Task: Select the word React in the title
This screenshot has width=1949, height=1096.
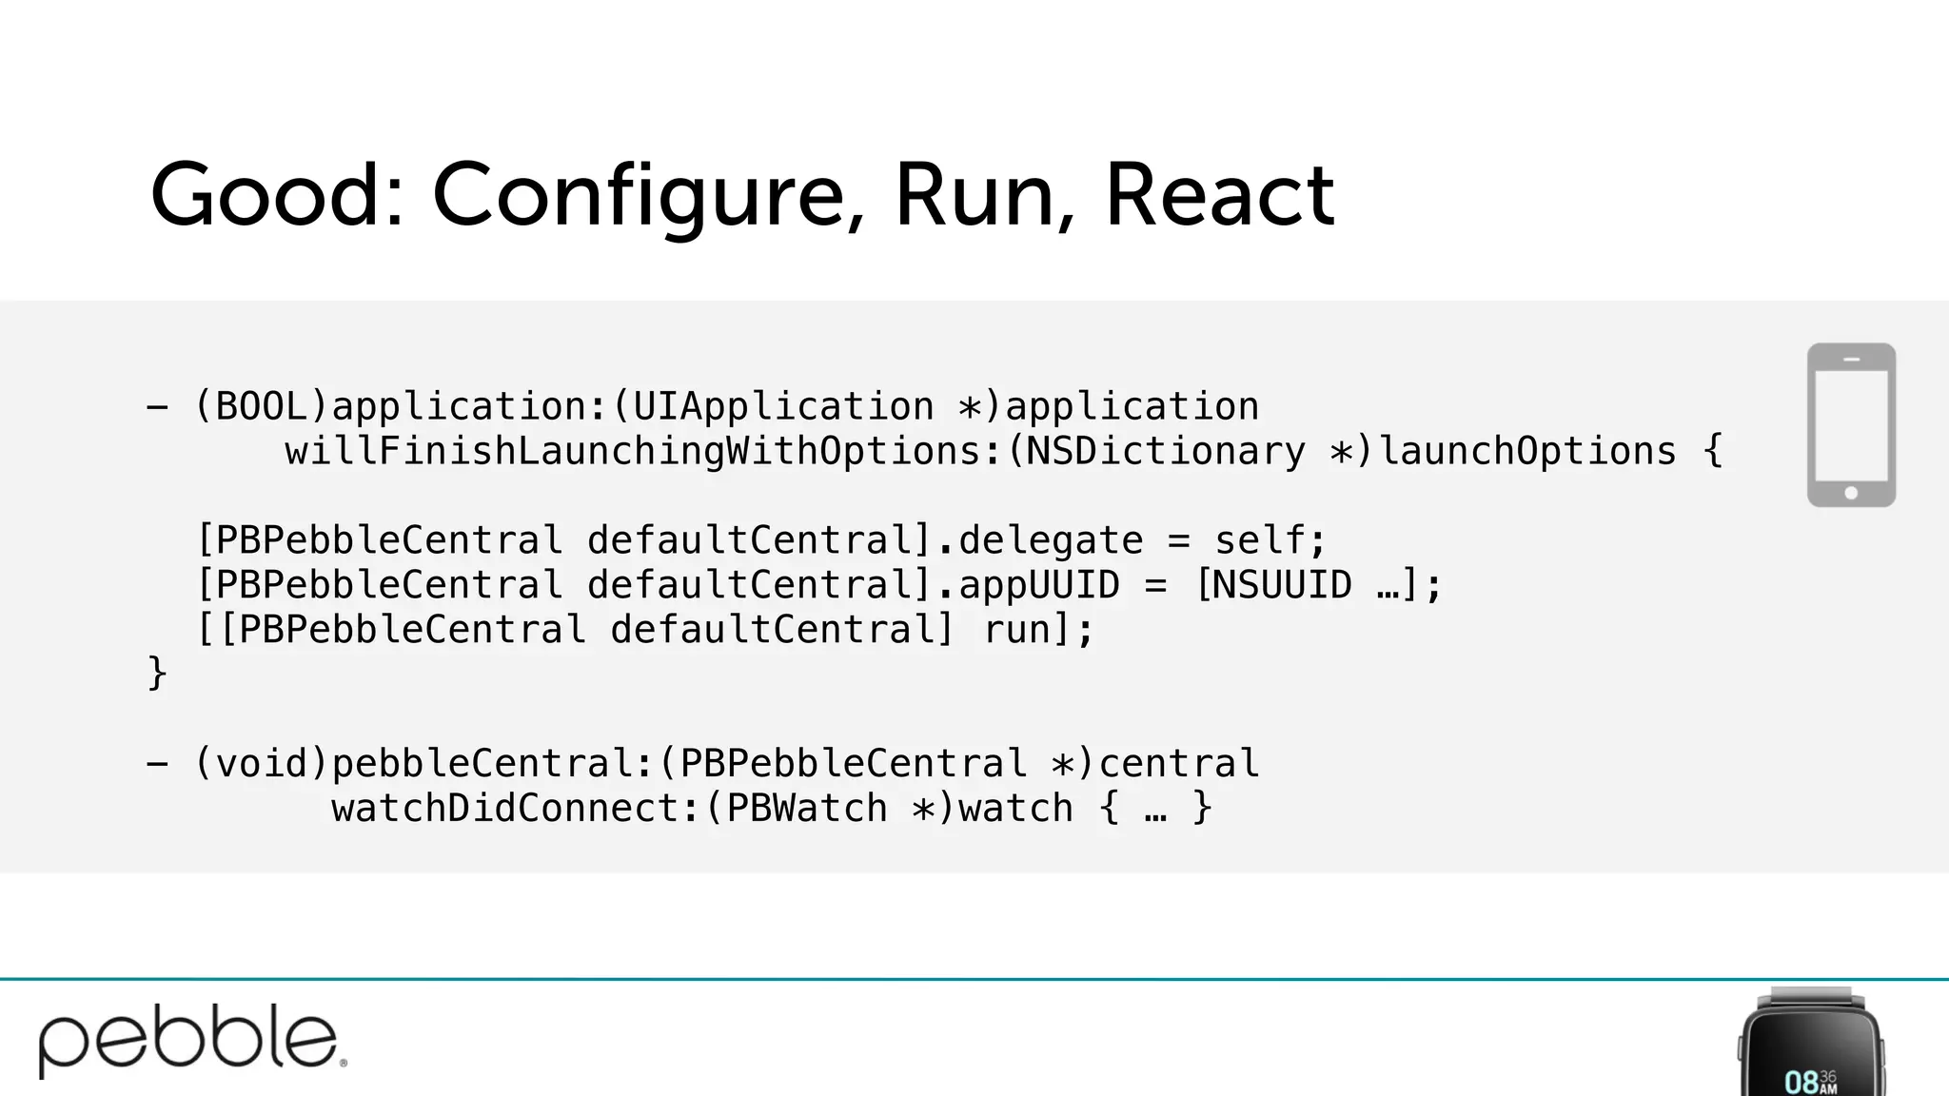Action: point(1220,194)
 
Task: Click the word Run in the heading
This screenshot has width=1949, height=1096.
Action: point(974,194)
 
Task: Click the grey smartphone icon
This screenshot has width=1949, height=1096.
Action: point(1851,424)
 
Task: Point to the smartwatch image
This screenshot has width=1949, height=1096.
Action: point(1811,1047)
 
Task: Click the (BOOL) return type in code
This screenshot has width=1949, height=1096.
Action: point(262,407)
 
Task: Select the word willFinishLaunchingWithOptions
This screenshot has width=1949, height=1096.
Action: point(633,451)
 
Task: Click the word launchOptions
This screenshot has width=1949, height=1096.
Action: point(1527,451)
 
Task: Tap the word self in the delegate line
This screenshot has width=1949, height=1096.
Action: point(1259,540)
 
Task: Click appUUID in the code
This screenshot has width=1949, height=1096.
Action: point(1039,584)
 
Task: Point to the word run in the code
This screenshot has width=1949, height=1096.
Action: point(1016,630)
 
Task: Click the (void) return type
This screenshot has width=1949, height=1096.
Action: point(262,763)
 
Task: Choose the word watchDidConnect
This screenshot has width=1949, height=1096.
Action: point(504,809)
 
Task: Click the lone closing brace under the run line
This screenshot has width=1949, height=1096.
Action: point(157,674)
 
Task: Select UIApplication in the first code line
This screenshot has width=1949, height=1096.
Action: point(783,407)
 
